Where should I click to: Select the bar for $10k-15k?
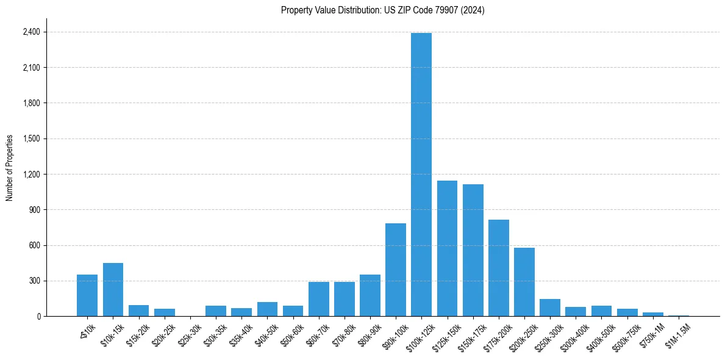point(113,290)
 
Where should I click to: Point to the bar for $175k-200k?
point(498,268)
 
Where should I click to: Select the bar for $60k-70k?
point(318,299)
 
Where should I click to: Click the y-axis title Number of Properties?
point(10,168)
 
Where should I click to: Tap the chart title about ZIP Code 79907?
point(382,10)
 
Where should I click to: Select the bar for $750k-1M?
point(653,314)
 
